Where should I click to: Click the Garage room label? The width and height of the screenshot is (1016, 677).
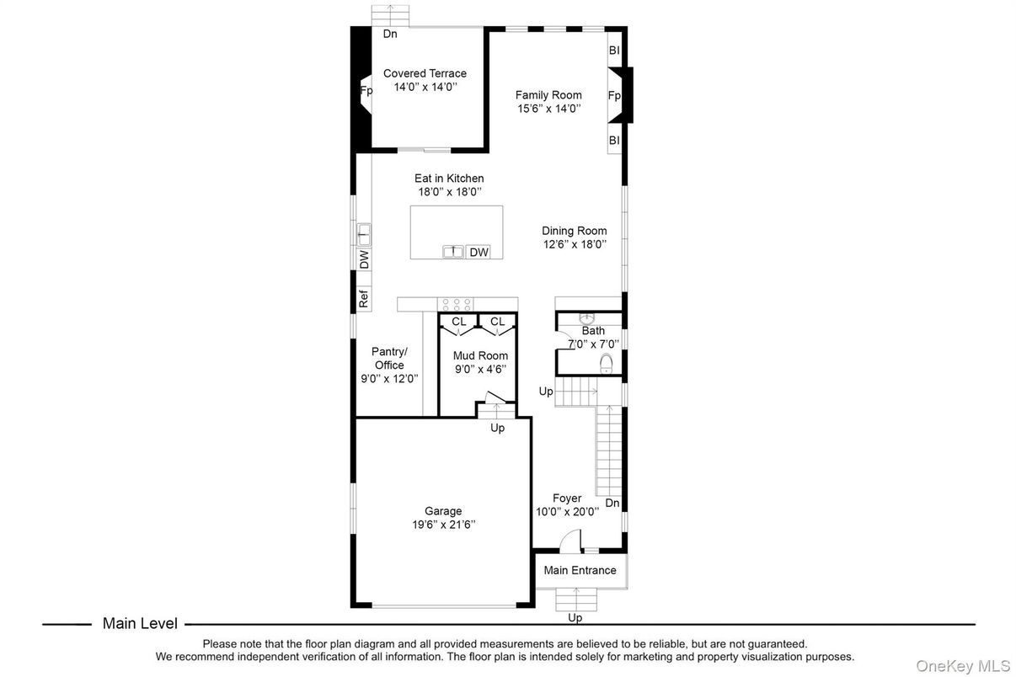click(x=442, y=511)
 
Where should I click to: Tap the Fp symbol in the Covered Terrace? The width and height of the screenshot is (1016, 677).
click(x=366, y=91)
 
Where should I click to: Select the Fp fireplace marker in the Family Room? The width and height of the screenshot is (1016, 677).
click(x=614, y=96)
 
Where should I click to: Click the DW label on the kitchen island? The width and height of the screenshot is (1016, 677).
click(x=479, y=252)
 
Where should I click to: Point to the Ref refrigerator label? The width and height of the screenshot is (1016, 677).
click(x=363, y=297)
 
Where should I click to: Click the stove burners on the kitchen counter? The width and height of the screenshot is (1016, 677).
click(x=456, y=303)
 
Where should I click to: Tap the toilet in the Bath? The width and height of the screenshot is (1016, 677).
click(x=605, y=363)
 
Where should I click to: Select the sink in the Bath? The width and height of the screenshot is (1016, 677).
click(x=587, y=317)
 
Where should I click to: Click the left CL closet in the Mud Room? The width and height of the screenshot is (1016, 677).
click(x=458, y=322)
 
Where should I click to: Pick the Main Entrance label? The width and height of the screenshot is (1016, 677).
click(x=580, y=570)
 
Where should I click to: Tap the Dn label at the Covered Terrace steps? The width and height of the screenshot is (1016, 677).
click(x=390, y=35)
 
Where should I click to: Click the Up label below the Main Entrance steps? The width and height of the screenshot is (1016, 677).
click(x=575, y=617)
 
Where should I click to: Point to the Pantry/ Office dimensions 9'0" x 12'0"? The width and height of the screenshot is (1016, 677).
click(x=389, y=378)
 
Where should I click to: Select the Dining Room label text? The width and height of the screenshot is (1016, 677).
click(x=574, y=231)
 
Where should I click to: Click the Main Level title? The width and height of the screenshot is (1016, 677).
click(x=140, y=624)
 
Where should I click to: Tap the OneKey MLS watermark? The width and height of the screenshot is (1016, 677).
click(x=963, y=666)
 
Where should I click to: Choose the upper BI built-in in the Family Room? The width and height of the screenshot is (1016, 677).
click(x=614, y=51)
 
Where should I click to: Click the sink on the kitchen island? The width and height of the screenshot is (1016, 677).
click(x=453, y=252)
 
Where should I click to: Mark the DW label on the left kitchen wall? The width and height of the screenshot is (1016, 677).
click(x=364, y=259)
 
